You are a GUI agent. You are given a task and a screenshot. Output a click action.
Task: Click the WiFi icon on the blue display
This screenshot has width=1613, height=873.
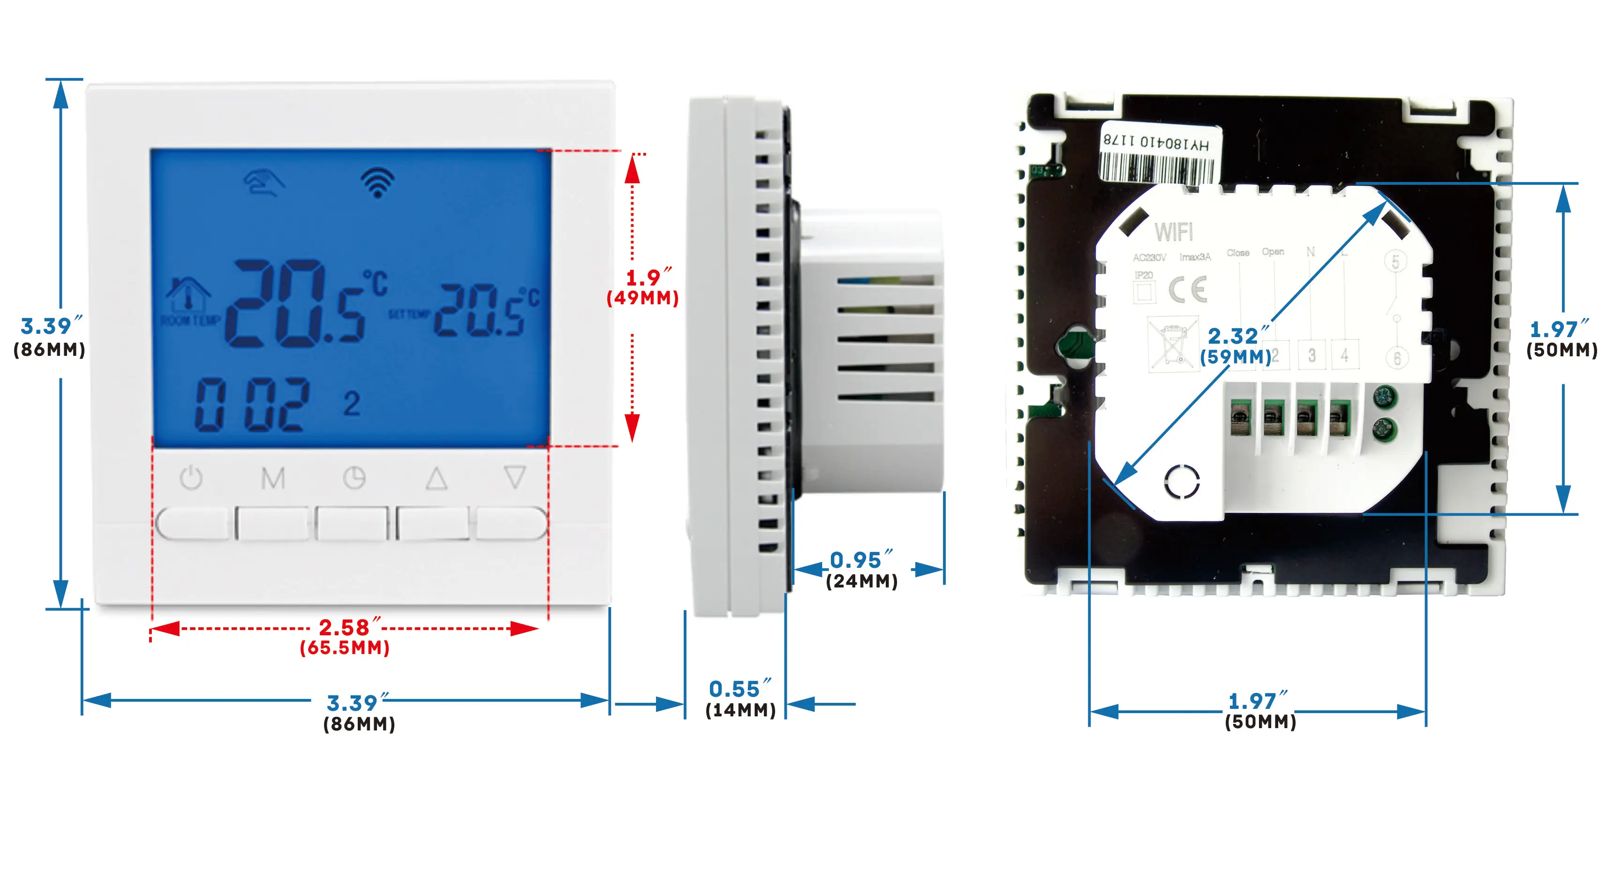pos(377,183)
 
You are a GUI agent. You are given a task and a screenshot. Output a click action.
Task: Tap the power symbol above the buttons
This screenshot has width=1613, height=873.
pos(191,478)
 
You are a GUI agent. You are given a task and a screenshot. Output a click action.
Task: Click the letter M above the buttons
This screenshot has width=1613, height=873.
pos(273,478)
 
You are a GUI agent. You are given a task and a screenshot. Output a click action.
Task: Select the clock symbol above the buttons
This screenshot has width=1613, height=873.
pos(354,478)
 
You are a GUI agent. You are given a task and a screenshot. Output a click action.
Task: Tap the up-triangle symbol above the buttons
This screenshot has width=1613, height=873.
pos(437,478)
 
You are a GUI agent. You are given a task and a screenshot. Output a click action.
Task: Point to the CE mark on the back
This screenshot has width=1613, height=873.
pos(1187,289)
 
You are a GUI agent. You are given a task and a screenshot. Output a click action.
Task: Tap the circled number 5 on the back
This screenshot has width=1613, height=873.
pos(1395,261)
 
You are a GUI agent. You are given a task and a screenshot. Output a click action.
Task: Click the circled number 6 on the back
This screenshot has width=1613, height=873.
pos(1396,358)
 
